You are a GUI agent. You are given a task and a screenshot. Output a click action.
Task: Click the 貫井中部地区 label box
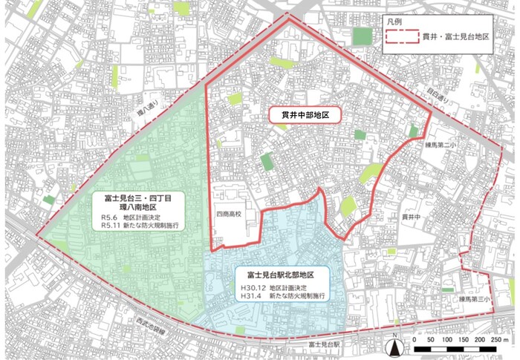(x=304, y=116)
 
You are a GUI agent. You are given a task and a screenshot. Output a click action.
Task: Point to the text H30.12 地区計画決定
(x=274, y=287)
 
